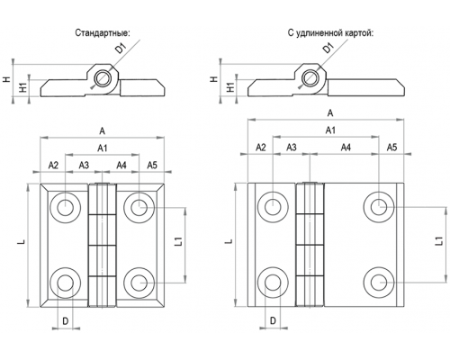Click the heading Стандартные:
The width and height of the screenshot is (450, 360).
point(103,32)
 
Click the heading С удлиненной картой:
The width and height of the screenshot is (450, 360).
point(330,32)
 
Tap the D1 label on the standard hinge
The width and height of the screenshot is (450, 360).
point(121,48)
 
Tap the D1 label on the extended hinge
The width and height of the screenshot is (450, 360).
point(329,48)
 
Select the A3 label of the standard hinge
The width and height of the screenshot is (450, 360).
point(84,165)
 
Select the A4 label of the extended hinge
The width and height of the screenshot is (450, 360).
point(346,148)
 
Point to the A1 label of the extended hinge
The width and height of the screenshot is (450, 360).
point(330,130)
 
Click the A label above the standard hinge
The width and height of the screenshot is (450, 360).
point(103,130)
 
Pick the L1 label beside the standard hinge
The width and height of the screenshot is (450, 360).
point(178,242)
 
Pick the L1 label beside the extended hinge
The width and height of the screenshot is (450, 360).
point(439,241)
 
